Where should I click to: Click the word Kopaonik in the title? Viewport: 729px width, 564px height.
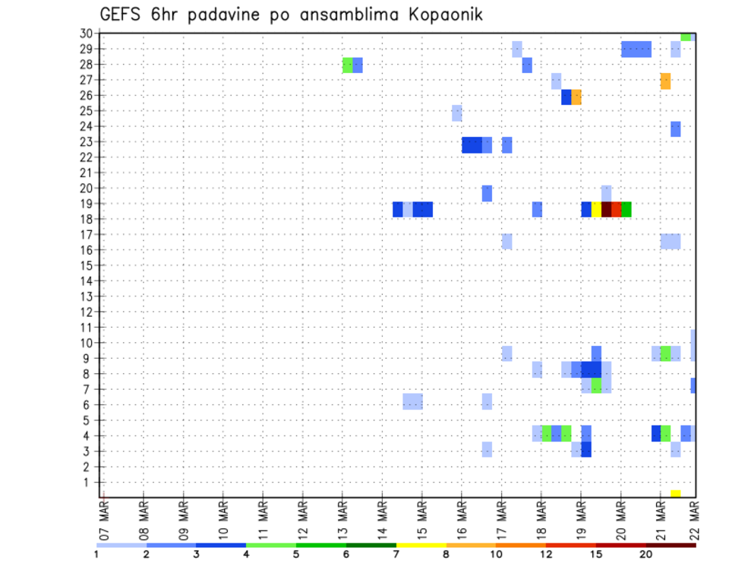(441, 14)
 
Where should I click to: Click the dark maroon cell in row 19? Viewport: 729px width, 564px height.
(607, 209)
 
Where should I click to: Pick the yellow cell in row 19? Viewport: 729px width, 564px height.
(597, 209)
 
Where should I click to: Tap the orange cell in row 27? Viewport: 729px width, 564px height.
(665, 81)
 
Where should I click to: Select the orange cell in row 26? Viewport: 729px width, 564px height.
(576, 97)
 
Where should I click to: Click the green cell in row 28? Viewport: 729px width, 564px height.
(348, 65)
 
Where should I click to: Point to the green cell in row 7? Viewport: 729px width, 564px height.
(596, 385)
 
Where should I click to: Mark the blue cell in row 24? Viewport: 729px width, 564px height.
(675, 128)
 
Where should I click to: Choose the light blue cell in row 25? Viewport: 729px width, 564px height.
(456, 112)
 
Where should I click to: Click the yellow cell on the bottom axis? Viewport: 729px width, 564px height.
(675, 493)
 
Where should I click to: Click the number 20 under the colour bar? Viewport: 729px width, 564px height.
(646, 554)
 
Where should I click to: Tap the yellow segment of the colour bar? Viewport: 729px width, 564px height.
(421, 545)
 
